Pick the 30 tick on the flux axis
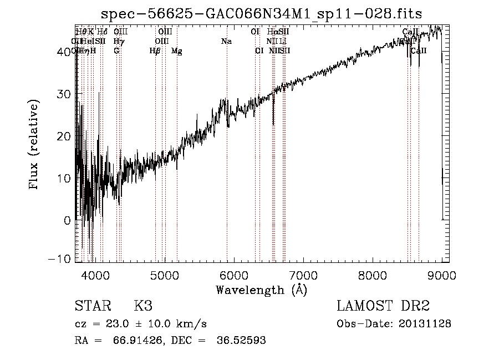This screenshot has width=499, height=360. click(64, 94)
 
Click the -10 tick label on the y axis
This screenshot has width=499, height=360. click(61, 259)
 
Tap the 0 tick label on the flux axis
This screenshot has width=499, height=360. click(68, 220)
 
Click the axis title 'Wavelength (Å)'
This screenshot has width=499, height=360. click(261, 289)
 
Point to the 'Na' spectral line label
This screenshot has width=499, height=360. click(226, 42)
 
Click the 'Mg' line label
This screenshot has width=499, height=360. click(177, 51)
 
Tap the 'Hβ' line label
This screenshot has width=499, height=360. click(155, 51)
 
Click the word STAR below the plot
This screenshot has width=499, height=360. click(91, 306)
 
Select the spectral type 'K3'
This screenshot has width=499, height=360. click(143, 306)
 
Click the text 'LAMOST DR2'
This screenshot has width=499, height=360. click(383, 306)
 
